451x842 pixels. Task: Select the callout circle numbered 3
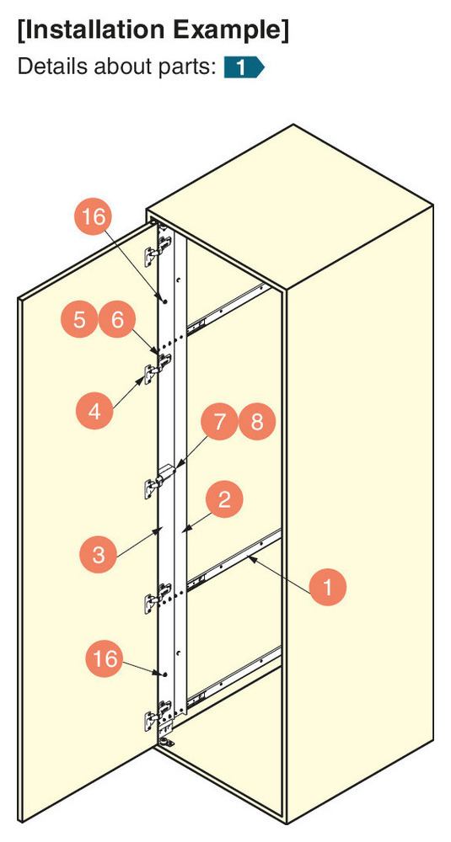99,554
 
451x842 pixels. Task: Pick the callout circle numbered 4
94,411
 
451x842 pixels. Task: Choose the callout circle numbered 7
219,421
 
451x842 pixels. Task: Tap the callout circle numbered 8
257,421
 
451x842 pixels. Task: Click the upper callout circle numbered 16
93,216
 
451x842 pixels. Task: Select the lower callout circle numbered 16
105,657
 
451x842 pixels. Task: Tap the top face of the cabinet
289,210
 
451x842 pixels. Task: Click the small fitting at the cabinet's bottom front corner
168,743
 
